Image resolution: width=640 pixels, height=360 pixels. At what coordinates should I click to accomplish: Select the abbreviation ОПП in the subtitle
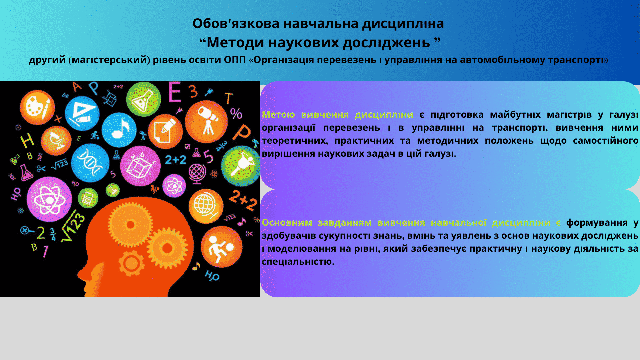point(235,60)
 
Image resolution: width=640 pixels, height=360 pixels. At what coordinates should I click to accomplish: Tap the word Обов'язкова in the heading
point(236,23)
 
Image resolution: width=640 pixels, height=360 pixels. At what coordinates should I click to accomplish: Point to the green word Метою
point(278,114)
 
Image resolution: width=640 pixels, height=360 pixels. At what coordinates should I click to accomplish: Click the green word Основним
point(287,222)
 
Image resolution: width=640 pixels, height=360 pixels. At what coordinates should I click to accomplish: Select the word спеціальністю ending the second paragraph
point(298,262)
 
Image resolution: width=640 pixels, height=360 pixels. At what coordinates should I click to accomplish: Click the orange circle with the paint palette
point(37,107)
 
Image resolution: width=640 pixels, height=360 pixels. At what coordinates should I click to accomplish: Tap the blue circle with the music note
point(119,130)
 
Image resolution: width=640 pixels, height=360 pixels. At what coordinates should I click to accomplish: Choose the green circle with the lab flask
point(144,99)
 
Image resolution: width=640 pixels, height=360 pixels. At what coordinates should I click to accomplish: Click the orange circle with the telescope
point(206,122)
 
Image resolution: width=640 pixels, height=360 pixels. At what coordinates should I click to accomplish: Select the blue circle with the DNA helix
point(90,163)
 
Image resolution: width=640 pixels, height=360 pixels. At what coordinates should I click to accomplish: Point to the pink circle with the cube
point(140,166)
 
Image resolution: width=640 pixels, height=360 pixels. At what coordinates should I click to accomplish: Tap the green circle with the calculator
point(88,198)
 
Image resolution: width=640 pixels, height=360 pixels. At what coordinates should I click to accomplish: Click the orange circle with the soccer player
point(222,247)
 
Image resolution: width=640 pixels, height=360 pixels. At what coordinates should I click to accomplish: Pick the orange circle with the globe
point(206,206)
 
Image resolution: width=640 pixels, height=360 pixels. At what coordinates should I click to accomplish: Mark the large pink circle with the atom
point(49,199)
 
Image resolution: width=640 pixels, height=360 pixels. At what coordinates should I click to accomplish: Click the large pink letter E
point(175,91)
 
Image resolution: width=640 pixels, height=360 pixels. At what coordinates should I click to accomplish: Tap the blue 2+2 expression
point(176,160)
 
